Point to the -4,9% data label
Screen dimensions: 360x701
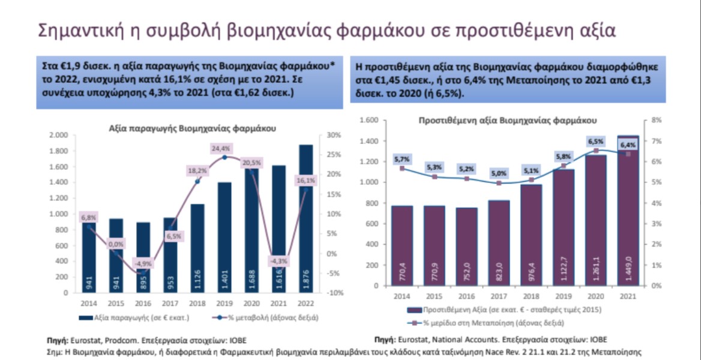142,263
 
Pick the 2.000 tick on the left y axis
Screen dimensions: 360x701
58,135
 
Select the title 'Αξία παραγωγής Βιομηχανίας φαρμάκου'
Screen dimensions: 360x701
192,128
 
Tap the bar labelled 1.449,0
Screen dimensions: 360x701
628,210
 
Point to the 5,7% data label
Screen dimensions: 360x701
402,159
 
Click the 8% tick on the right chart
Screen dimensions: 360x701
656,120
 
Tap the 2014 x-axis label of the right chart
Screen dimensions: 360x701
402,296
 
